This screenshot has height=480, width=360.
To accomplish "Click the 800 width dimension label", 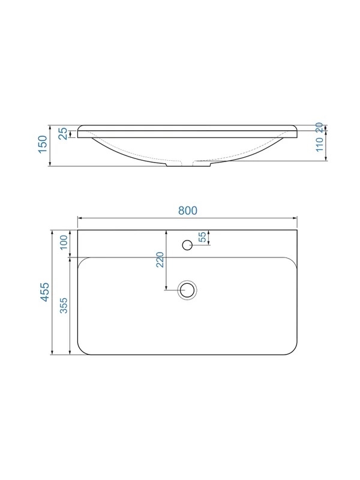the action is tap(188, 211).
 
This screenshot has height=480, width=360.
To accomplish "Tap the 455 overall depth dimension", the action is tap(44, 292).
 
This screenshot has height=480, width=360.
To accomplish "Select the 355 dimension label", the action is tap(64, 305).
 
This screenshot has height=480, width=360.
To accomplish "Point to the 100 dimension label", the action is tap(64, 242).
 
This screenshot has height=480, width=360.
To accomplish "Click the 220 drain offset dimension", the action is tap(160, 260).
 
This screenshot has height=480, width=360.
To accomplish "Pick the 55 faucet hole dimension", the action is tap(203, 237).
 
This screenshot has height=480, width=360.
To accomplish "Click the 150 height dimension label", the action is tap(43, 145).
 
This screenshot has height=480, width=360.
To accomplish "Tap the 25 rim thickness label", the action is tap(63, 134).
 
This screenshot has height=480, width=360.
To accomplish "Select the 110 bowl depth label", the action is tap(319, 145).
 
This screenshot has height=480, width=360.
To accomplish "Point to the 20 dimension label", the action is tap(319, 127).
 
